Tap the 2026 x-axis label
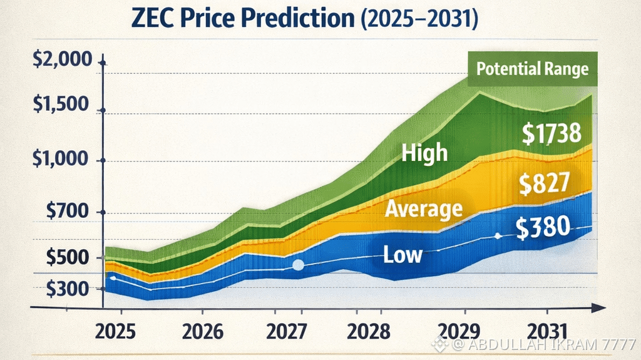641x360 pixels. coord(200,329)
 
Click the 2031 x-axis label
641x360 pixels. coord(548,329)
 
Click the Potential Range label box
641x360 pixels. coord(533,68)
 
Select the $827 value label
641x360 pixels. coord(545,183)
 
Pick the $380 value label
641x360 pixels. coord(544,229)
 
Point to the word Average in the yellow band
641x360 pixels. coord(424,208)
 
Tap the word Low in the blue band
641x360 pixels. coord(403,254)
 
